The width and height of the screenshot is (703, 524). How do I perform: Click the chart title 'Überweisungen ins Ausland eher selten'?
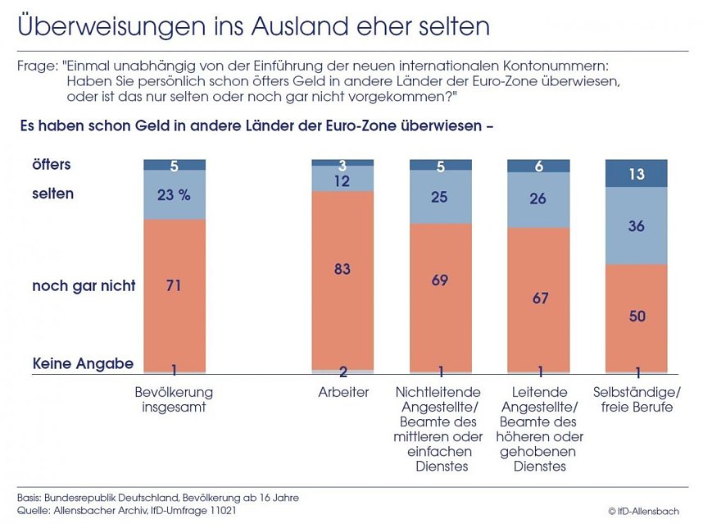[253, 26]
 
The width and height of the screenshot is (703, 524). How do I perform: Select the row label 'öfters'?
[52, 165]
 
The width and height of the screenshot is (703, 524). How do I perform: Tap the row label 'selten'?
[52, 194]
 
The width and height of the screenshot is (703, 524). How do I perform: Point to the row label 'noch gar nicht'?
[84, 285]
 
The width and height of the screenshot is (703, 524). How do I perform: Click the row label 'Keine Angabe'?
[82, 363]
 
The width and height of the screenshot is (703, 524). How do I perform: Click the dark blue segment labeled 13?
[637, 174]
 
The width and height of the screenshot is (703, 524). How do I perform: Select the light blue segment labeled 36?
[637, 226]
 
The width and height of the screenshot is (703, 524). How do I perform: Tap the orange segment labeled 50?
[637, 316]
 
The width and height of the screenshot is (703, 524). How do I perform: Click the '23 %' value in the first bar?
[174, 196]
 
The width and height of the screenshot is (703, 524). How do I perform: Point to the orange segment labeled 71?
[174, 286]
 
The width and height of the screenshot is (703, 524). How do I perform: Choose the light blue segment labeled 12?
[342, 180]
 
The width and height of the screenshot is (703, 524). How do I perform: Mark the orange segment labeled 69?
[441, 280]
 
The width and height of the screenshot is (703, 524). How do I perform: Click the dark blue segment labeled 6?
[539, 166]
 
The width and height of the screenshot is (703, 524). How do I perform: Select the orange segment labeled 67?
[539, 298]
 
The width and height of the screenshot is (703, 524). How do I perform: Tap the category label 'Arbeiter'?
[343, 393]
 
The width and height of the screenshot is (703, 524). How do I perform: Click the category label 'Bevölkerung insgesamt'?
[174, 400]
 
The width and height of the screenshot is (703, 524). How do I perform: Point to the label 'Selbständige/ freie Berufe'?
[637, 400]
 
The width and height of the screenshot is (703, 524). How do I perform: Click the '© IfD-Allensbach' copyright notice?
[643, 511]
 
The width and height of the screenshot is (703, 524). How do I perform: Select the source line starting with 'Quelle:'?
[127, 510]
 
